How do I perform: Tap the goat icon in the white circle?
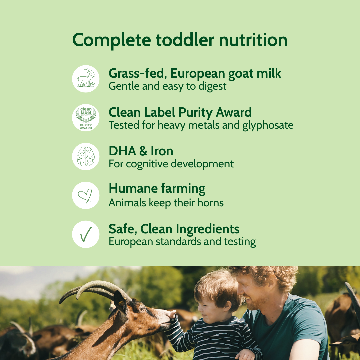click(86, 79)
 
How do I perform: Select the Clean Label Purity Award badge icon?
click(86, 118)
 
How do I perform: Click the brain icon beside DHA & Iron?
click(86, 156)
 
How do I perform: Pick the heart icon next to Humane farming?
click(86, 195)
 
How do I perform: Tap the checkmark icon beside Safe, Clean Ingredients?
click(86, 234)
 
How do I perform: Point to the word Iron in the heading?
click(162, 151)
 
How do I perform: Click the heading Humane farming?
click(157, 189)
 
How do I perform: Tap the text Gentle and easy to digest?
click(167, 86)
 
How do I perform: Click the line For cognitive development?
click(171, 164)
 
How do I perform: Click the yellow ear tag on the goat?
click(119, 303)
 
